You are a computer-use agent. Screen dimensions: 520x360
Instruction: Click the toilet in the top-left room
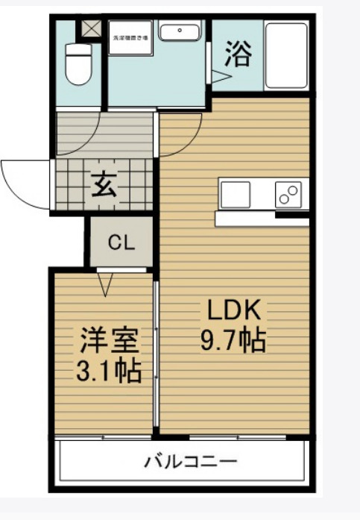click(77, 62)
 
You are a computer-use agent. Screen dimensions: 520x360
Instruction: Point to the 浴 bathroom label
click(238, 54)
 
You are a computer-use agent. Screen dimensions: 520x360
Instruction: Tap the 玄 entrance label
click(104, 184)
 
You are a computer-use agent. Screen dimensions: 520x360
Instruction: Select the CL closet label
click(121, 242)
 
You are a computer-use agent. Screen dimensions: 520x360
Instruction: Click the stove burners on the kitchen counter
click(288, 195)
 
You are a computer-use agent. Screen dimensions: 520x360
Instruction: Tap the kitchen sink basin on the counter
click(236, 194)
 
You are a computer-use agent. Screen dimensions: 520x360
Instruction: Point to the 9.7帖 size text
click(233, 341)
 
